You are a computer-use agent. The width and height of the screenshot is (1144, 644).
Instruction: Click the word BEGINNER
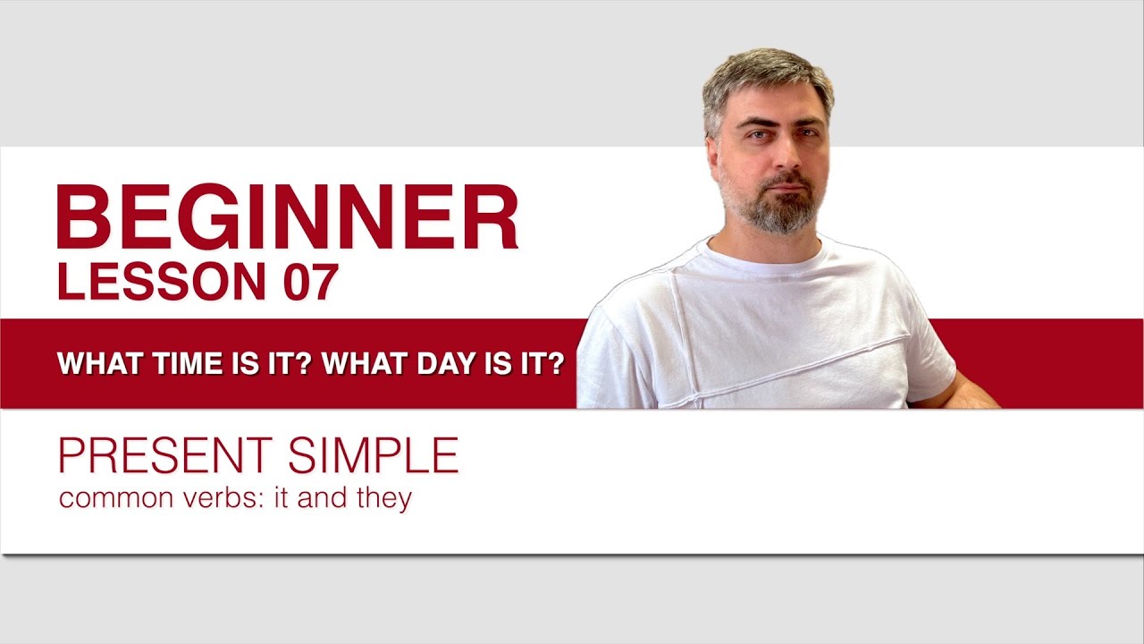click(x=287, y=218)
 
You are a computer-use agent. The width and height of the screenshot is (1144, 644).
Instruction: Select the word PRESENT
click(x=167, y=455)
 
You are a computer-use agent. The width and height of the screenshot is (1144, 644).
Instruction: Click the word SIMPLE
click(x=373, y=455)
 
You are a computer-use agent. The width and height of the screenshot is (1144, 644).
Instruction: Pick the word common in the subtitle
click(x=105, y=498)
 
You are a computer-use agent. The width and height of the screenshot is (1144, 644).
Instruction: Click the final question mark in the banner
click(x=555, y=364)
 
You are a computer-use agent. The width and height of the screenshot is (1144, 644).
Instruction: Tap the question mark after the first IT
click(x=303, y=364)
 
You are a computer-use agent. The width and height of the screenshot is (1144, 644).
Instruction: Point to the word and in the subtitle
click(x=324, y=498)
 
